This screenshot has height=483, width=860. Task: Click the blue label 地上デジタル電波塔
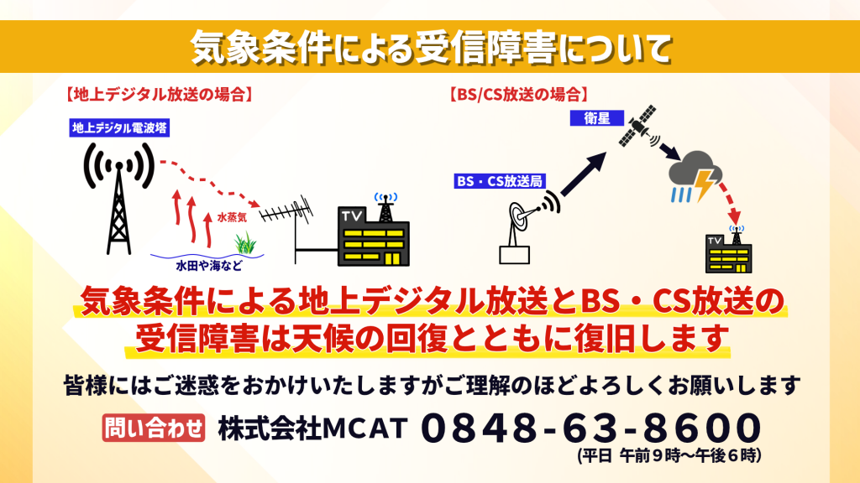[119, 128]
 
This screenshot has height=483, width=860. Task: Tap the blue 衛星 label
[597, 118]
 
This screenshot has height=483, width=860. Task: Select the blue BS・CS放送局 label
[500, 181]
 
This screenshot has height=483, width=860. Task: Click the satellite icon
[638, 127]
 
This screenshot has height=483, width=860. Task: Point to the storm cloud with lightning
[695, 176]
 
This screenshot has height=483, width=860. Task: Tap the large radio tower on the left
[119, 198]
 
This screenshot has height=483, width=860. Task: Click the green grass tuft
[246, 243]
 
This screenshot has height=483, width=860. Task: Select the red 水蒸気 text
[232, 218]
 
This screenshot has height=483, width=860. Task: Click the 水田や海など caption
[209, 266]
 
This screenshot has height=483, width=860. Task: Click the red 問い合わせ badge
[154, 428]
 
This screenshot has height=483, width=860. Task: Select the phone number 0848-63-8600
[591, 428]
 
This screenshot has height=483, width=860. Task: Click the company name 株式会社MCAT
[313, 428]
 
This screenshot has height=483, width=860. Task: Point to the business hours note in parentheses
[669, 455]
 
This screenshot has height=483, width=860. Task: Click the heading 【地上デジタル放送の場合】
[159, 94]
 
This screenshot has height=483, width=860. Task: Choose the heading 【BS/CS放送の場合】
[518, 94]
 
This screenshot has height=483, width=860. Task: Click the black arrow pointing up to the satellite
[584, 174]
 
